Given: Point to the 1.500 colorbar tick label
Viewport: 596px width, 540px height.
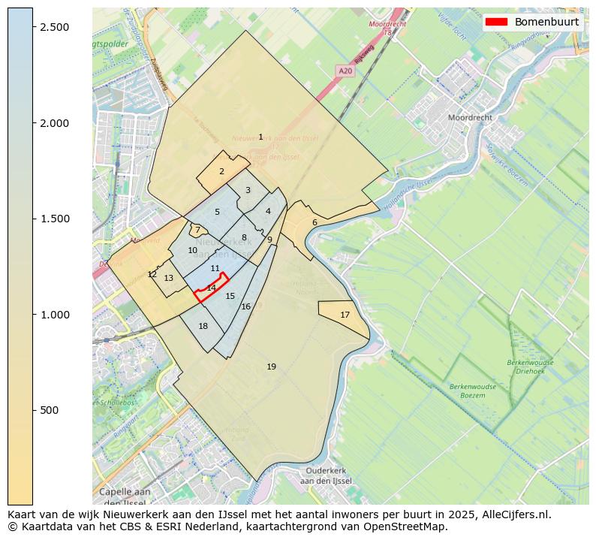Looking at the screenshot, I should (x=53, y=219).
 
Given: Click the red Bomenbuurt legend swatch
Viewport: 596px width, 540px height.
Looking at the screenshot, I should (x=497, y=22).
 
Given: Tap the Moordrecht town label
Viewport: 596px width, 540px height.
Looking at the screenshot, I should (x=470, y=118).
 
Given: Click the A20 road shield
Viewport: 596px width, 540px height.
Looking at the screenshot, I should (x=345, y=71).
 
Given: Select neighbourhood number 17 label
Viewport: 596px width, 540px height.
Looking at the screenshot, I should (x=345, y=315).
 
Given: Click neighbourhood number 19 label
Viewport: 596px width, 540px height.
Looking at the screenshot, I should (x=271, y=367).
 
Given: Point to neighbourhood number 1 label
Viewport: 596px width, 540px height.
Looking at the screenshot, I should (x=260, y=137).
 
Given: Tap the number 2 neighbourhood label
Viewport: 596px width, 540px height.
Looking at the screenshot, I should (x=221, y=171).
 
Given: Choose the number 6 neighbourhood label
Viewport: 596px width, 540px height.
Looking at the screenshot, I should (x=315, y=222).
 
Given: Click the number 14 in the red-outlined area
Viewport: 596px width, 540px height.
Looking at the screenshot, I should (x=212, y=288).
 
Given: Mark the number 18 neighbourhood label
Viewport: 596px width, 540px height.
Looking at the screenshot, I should (x=203, y=326).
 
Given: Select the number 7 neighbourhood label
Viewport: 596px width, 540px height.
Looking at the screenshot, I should (x=197, y=231).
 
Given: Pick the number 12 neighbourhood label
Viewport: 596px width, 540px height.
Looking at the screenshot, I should (x=152, y=274).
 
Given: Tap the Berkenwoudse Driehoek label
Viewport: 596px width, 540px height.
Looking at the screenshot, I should (x=530, y=367).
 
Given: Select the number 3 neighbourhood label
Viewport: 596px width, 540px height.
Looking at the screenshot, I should (x=248, y=190).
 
